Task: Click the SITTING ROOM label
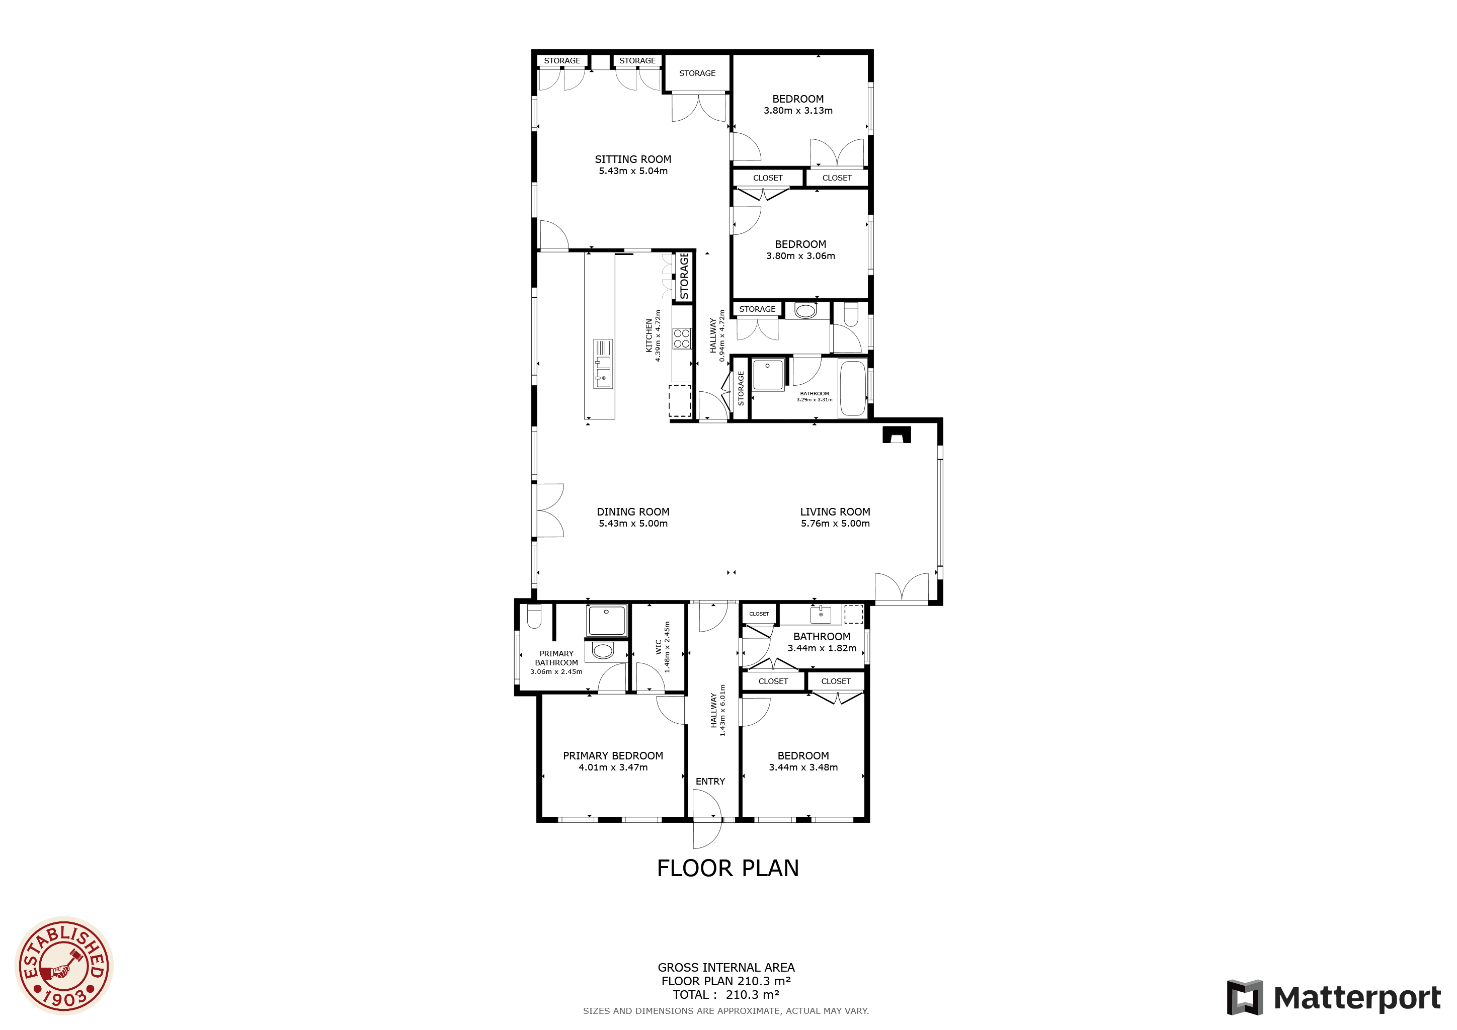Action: click(633, 159)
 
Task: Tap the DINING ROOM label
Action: click(633, 512)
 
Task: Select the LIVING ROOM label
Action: click(835, 512)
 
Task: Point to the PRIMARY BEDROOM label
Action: click(613, 755)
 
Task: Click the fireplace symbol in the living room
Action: click(897, 435)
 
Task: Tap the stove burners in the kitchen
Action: click(682, 338)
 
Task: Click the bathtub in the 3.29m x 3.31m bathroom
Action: click(853, 388)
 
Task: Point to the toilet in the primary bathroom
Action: click(534, 615)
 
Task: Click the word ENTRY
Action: click(710, 782)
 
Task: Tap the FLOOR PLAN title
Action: click(728, 868)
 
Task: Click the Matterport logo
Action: click(1333, 998)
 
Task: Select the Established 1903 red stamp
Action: click(64, 966)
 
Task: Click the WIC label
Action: click(659, 646)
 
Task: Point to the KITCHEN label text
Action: click(649, 335)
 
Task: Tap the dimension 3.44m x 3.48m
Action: click(803, 767)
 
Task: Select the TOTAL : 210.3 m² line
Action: click(726, 994)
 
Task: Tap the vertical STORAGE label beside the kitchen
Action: click(684, 276)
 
